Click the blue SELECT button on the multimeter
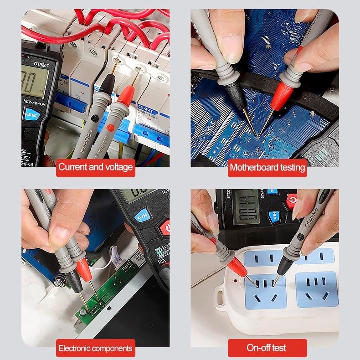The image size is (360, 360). click(x=32, y=114)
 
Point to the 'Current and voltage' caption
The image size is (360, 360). click(x=95, y=167)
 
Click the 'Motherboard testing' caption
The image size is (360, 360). click(x=267, y=167)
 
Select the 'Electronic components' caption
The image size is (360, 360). click(x=95, y=349)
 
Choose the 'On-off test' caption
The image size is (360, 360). click(x=267, y=348)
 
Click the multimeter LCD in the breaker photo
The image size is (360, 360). click(x=34, y=82)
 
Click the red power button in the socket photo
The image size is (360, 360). click(x=292, y=201)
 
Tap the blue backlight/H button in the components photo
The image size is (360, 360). click(x=143, y=215)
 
